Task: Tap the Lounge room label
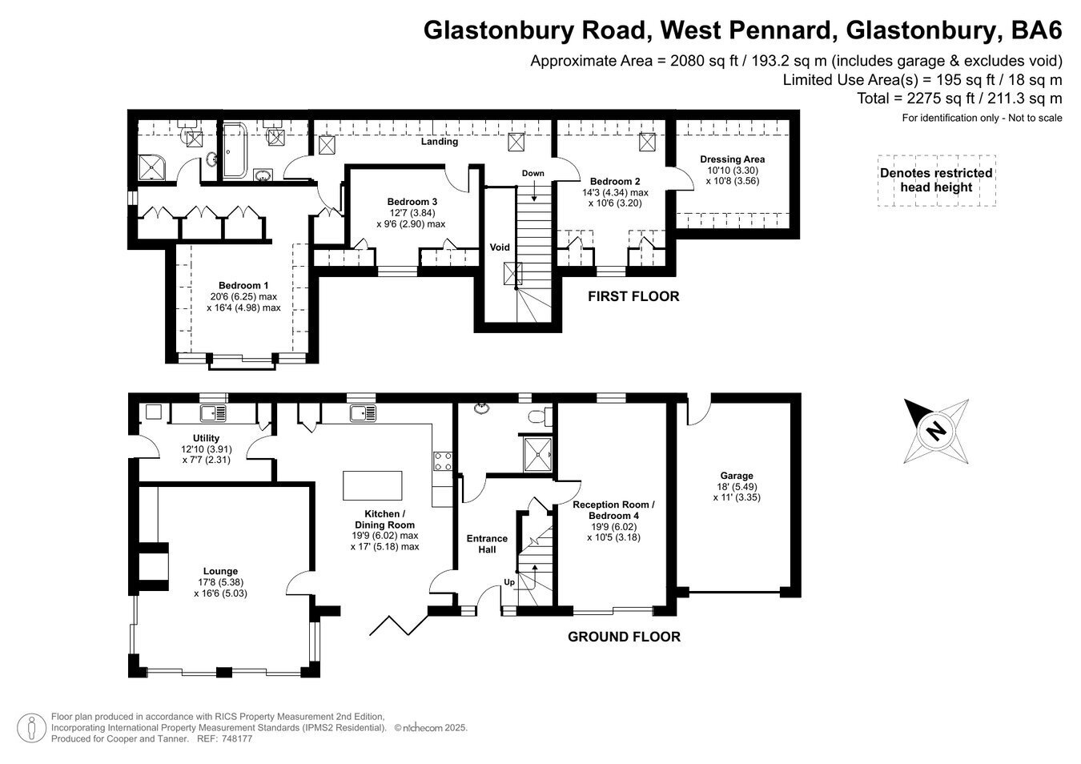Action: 220,571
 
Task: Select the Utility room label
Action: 206,438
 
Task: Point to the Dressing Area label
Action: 732,159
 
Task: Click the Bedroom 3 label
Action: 412,201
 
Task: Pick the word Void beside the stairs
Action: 500,247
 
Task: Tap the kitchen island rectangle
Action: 373,485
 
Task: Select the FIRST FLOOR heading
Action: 633,296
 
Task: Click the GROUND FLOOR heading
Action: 624,637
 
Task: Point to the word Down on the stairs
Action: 532,173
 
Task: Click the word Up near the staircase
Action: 509,581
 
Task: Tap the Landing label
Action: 440,142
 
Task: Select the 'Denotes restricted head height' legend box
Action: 936,180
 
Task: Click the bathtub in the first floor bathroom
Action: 235,151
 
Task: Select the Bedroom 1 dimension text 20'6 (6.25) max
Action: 243,296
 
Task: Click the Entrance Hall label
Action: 487,544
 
